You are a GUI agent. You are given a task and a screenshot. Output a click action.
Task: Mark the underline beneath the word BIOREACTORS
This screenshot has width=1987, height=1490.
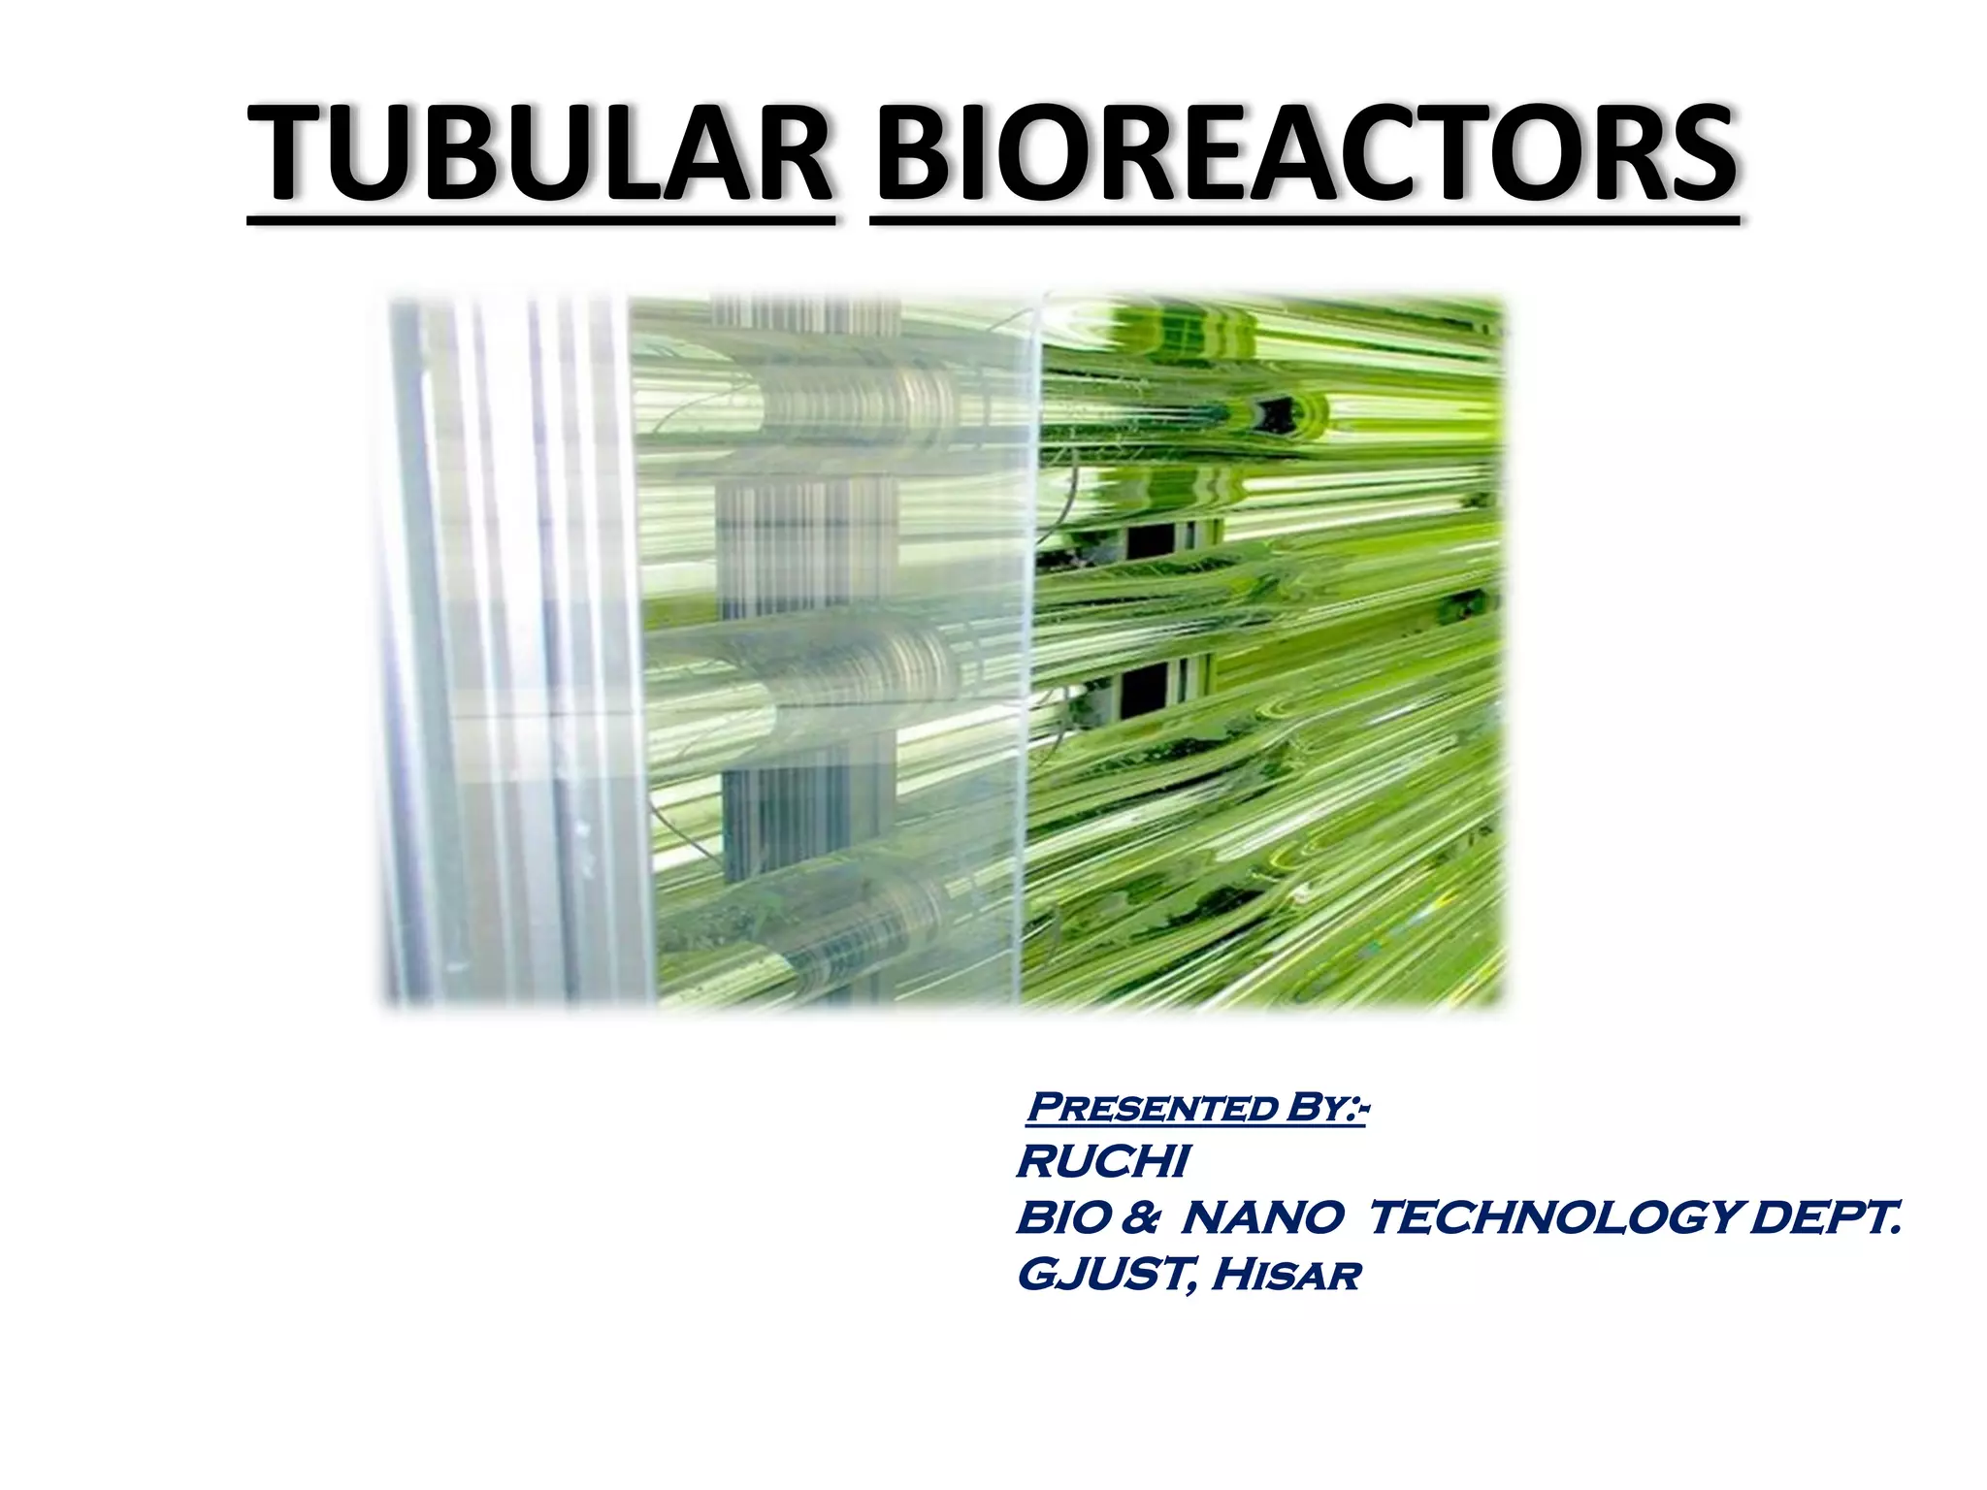[1304, 222]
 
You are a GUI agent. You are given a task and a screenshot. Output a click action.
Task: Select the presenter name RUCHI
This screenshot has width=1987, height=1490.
[1102, 1162]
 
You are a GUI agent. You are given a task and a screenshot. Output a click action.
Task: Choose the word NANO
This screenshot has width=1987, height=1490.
[1261, 1218]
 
